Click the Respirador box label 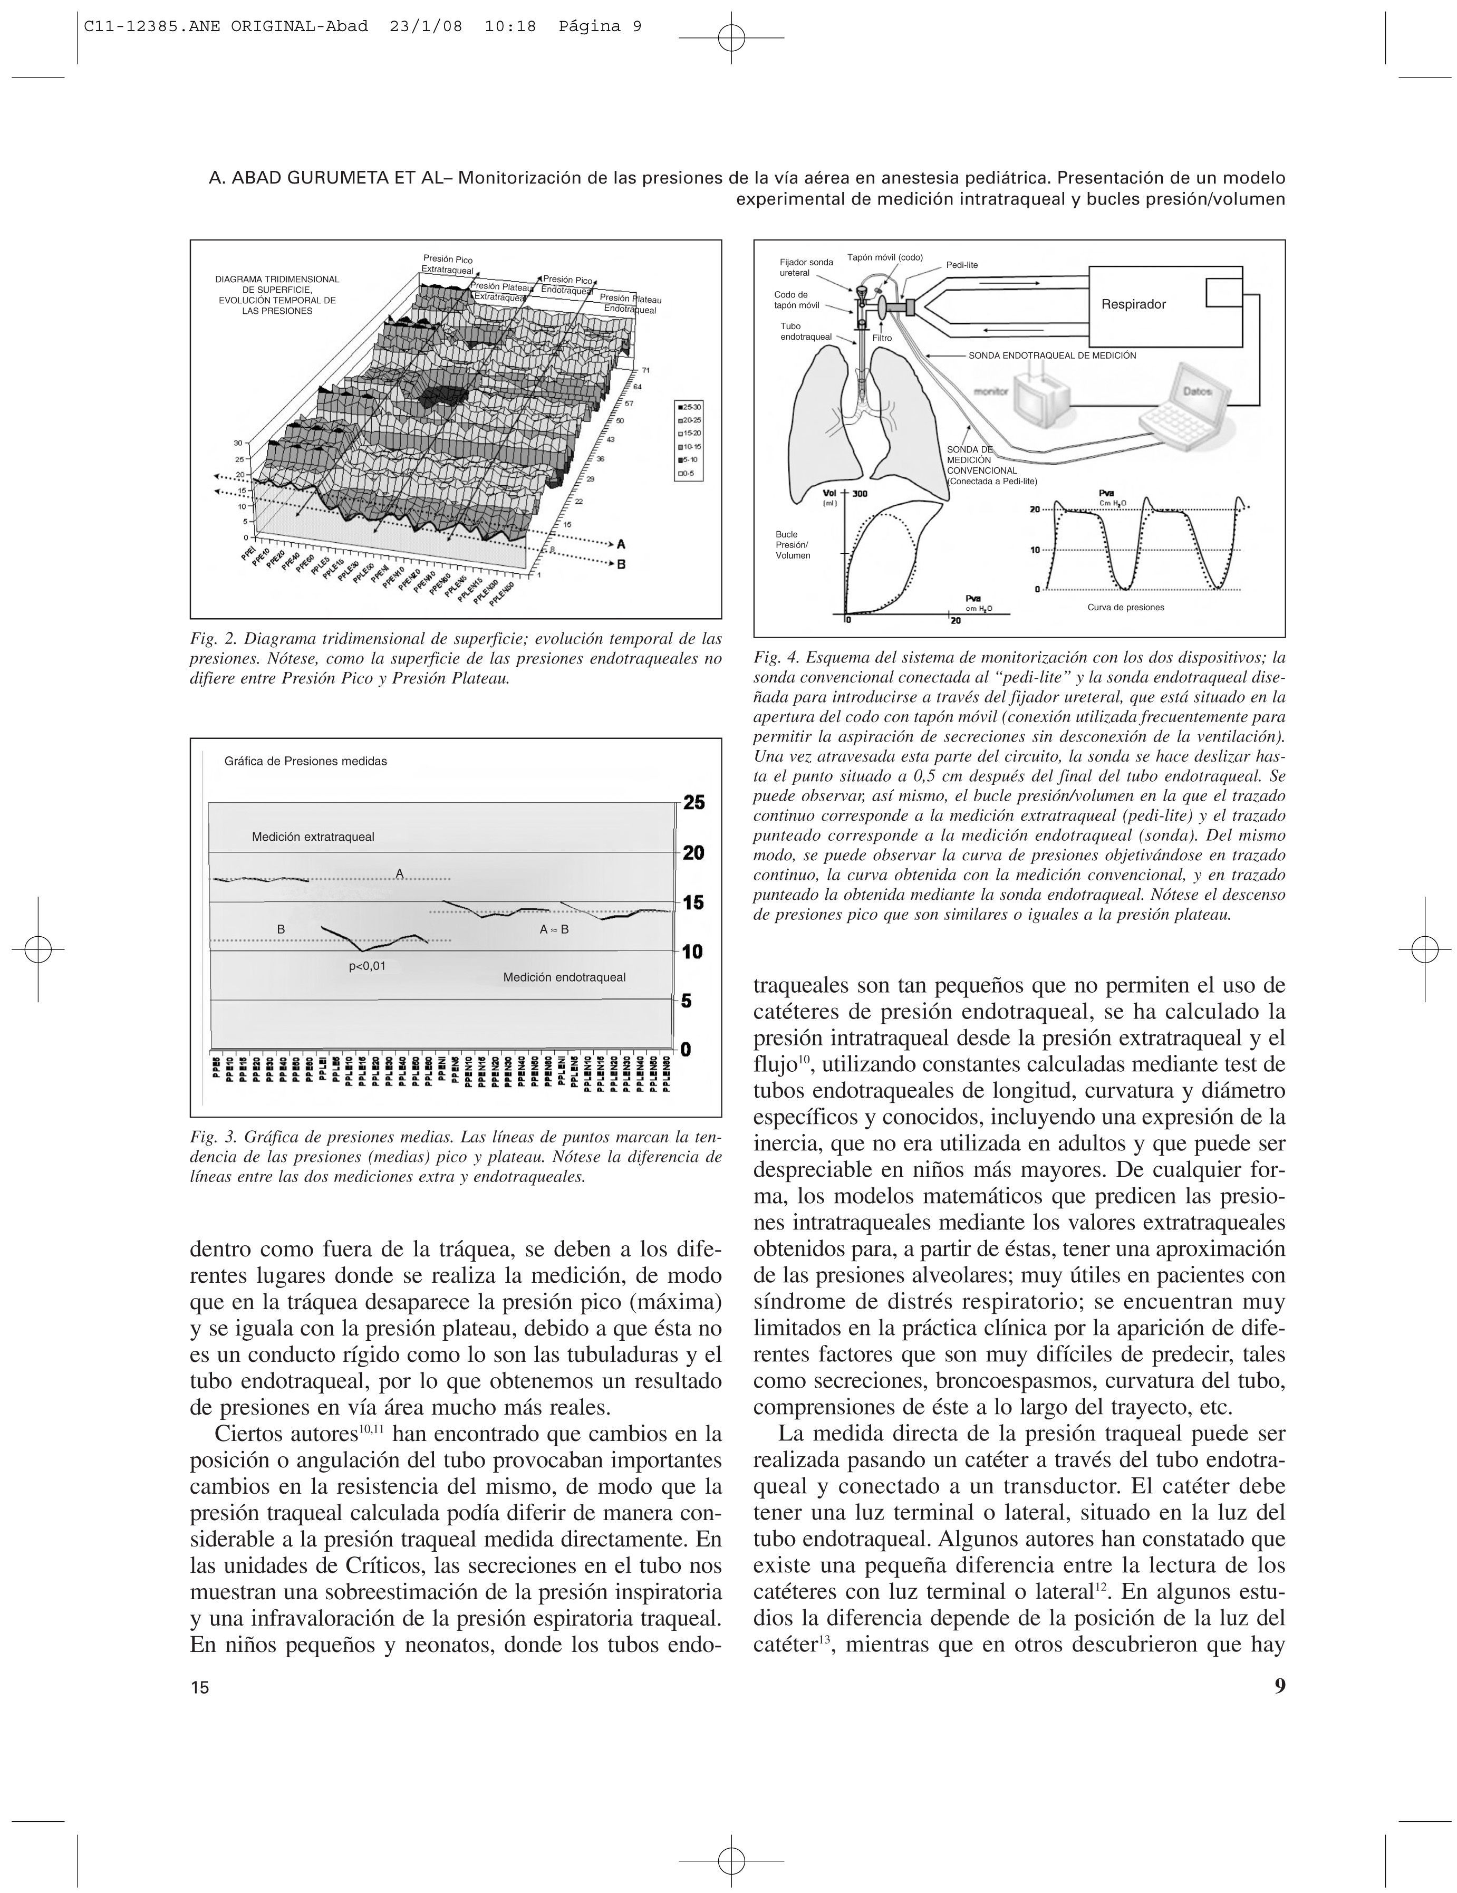click(x=1133, y=304)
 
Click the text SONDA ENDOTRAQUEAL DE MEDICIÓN click(x=1051, y=355)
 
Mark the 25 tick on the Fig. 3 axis click(x=693, y=803)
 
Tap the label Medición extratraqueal click(x=313, y=837)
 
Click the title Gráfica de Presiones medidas click(x=305, y=761)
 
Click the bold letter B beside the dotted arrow click(x=621, y=564)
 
